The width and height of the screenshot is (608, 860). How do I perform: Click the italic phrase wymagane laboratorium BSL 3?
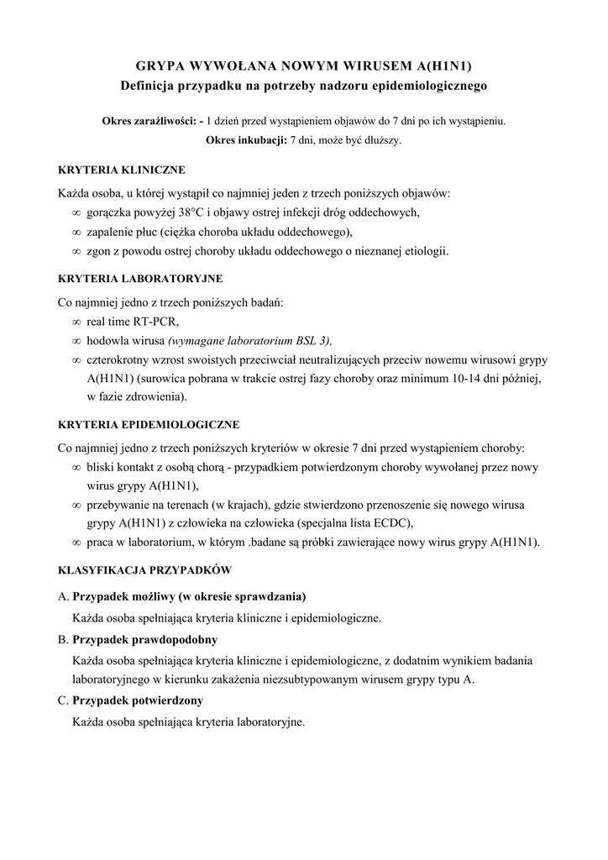(249, 340)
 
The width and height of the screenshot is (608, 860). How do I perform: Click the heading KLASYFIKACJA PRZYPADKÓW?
(144, 569)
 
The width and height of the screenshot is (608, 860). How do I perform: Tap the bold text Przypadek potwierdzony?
(139, 700)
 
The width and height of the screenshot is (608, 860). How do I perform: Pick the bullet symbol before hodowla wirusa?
(77, 341)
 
